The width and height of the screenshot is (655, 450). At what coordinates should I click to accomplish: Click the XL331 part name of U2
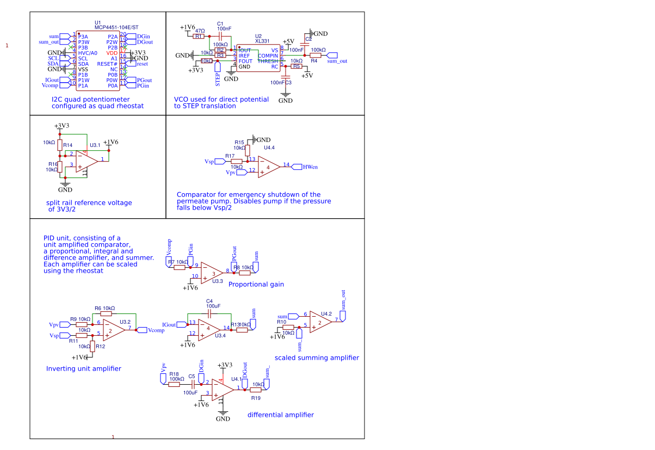point(262,41)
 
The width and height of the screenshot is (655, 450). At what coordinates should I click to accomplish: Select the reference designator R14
point(67,145)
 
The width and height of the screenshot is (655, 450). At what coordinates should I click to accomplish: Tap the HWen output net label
point(311,167)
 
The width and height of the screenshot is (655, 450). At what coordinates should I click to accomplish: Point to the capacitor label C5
point(191,377)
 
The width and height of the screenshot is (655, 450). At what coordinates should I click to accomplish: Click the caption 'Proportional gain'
point(256,285)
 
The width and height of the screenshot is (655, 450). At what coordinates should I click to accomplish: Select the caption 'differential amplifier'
point(281,415)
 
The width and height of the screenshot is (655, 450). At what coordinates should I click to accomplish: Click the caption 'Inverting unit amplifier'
point(84,369)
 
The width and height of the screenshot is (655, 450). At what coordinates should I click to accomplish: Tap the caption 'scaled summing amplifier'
point(317,358)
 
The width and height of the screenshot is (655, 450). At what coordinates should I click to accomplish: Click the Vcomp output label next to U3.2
point(156,330)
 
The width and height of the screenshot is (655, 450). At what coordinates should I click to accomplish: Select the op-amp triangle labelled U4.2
point(321,323)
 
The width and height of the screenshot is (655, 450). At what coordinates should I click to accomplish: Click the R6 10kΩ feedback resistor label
point(104,308)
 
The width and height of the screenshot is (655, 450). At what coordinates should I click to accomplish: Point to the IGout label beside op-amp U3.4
point(169,325)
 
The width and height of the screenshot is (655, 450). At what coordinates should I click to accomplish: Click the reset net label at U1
point(141,64)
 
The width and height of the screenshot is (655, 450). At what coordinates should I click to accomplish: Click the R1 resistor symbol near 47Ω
point(199,36)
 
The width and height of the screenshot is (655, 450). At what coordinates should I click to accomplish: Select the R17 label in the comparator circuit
point(230,156)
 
